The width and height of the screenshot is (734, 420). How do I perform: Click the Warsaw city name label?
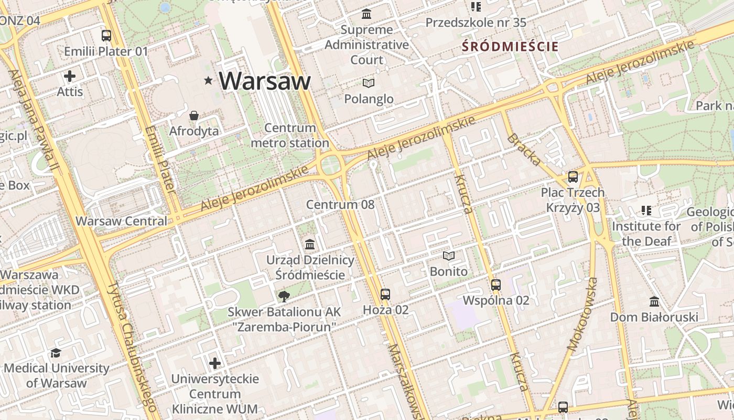[265, 81]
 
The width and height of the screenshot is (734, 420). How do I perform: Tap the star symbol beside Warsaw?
[209, 80]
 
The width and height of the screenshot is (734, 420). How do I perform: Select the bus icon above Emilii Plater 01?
[106, 36]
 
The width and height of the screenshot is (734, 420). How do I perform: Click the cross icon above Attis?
[70, 76]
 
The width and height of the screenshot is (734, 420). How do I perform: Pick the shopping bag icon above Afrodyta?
[194, 115]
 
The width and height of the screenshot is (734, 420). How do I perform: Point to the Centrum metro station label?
[290, 135]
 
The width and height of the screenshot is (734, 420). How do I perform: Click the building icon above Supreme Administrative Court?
[366, 14]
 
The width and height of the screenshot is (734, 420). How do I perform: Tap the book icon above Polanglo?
[369, 83]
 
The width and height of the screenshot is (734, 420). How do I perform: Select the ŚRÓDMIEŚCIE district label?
[510, 46]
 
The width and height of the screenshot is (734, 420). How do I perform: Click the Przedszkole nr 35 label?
[476, 23]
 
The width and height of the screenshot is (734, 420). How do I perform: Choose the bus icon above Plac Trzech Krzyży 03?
[573, 177]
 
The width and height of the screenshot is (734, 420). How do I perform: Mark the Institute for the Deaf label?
[646, 234]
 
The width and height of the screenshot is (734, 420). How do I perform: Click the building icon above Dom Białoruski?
[654, 302]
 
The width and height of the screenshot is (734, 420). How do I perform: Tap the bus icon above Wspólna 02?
[496, 285]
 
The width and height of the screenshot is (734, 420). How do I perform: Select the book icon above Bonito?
[449, 256]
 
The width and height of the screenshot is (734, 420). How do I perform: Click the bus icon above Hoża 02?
[385, 295]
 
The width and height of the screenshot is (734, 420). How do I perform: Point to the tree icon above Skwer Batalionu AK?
[284, 297]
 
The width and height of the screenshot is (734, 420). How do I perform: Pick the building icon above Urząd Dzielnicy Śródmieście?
[310, 245]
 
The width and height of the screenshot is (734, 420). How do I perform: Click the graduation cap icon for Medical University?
[56, 353]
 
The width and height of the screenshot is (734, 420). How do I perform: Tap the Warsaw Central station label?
[121, 221]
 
